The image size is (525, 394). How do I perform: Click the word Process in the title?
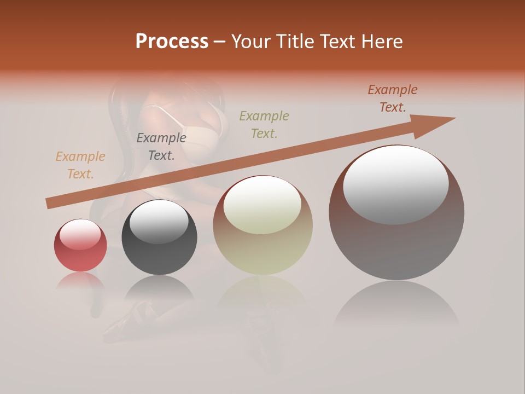tap(172, 42)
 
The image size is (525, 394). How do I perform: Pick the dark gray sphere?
tap(159, 238)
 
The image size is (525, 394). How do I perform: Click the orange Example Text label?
tap(80, 165)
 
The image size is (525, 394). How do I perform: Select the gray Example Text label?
tap(161, 147)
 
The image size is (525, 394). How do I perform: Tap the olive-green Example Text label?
tap(264, 124)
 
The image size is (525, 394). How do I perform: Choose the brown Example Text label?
tap(393, 99)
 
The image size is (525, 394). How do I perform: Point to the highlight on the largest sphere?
tap(396, 185)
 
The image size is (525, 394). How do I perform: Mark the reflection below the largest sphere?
tap(396, 306)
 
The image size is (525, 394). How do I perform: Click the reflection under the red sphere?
tap(80, 280)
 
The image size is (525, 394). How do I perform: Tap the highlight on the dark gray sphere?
tap(159, 221)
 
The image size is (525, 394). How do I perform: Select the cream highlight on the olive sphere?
tap(262, 205)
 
